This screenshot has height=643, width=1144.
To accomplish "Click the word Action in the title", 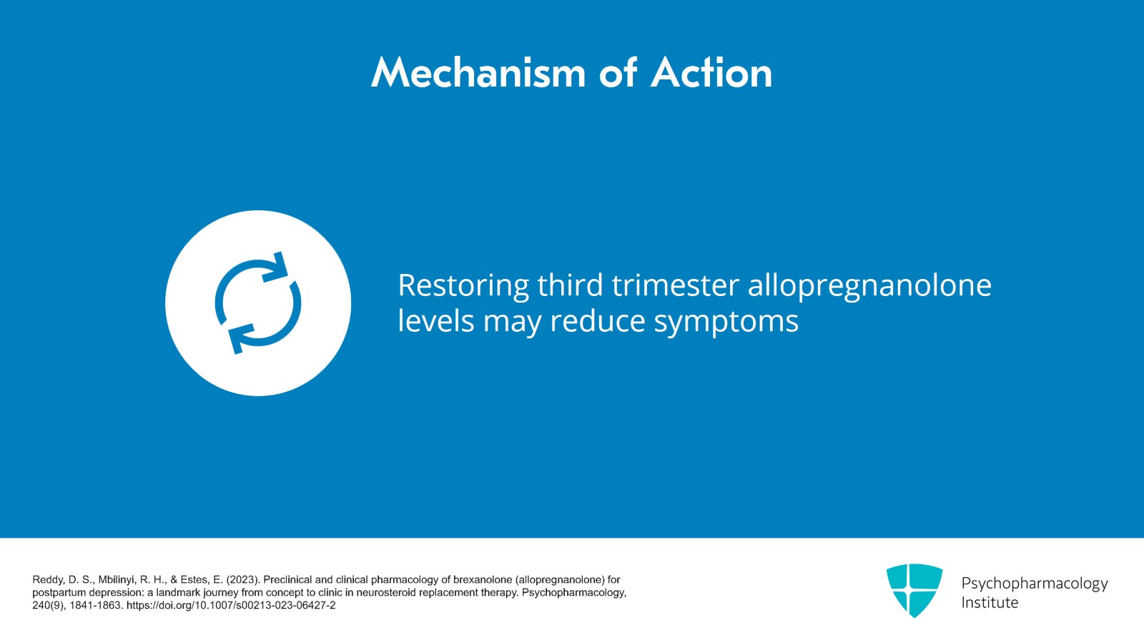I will click(x=711, y=73).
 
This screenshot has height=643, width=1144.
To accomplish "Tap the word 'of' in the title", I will click(x=618, y=73).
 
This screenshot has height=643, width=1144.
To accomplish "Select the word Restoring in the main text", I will click(x=463, y=285).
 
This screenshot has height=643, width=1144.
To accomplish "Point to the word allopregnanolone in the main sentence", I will click(x=869, y=287).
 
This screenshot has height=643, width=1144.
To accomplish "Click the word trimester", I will click(x=675, y=285).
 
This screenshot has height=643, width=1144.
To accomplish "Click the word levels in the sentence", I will click(x=435, y=321).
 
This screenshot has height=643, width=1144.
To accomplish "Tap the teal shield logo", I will click(x=914, y=589).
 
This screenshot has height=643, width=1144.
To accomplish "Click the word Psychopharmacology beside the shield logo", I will click(x=1034, y=584).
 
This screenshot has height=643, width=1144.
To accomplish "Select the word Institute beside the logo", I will click(x=989, y=603).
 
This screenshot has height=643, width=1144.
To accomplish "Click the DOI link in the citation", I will click(x=230, y=606).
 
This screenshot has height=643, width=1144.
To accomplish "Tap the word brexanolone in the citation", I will click(x=483, y=580).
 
